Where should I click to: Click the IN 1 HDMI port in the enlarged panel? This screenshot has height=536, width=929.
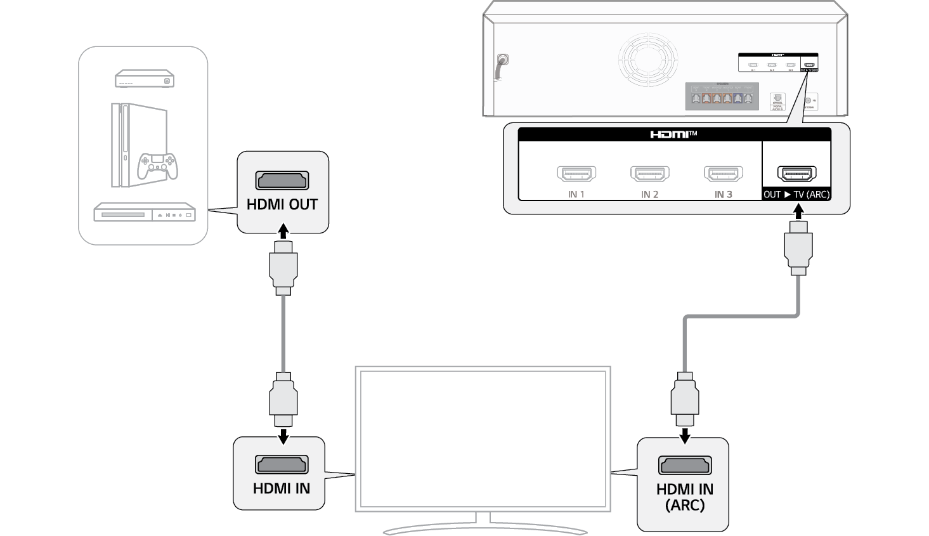tap(576, 173)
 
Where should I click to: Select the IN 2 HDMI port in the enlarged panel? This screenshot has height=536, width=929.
tap(650, 173)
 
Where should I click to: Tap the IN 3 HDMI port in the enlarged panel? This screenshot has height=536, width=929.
tap(723, 173)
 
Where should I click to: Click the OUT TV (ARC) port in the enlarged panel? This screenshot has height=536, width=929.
tap(796, 173)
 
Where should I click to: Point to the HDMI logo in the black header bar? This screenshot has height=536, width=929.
tap(673, 134)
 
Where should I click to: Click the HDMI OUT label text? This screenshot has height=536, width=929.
tap(282, 205)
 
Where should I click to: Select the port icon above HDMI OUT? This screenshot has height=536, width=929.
tap(282, 180)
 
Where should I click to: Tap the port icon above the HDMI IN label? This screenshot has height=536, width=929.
tap(281, 464)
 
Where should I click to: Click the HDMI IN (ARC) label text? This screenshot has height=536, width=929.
tap(685, 497)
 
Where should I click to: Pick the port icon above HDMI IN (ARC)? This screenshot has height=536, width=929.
tap(684, 465)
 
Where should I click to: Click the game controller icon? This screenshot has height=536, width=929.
tap(158, 165)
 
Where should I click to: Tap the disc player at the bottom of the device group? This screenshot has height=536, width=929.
tap(145, 212)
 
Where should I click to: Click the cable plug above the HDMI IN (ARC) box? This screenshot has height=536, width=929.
tap(685, 400)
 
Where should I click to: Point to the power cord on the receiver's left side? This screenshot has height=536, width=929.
tap(502, 67)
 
